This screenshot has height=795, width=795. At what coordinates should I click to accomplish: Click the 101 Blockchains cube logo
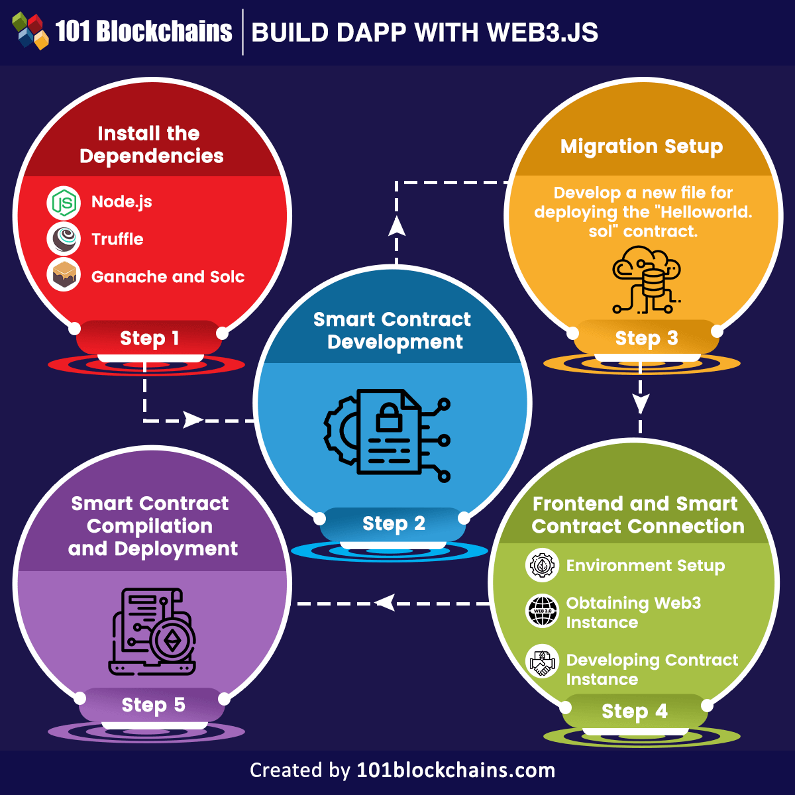click(30, 31)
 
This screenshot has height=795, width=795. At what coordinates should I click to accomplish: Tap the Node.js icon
click(64, 203)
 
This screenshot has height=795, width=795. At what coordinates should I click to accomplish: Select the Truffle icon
click(64, 239)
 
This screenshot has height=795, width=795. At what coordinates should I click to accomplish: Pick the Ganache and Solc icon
click(64, 276)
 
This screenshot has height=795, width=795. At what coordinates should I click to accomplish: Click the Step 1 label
click(149, 339)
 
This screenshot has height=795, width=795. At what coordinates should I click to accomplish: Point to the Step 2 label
click(394, 524)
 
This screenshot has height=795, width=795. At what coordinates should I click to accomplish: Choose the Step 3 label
click(646, 339)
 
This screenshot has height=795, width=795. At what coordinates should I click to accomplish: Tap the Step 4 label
click(634, 712)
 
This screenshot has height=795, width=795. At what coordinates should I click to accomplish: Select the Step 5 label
click(153, 706)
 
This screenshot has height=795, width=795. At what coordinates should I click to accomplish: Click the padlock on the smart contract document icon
click(389, 418)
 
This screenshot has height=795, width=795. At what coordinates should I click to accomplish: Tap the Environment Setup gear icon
click(542, 565)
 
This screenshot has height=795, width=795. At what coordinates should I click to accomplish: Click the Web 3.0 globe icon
click(542, 610)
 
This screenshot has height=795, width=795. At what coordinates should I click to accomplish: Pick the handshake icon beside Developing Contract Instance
click(542, 661)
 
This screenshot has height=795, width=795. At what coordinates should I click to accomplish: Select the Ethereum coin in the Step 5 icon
click(172, 641)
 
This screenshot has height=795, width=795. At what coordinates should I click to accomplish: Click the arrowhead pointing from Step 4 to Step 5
click(385, 603)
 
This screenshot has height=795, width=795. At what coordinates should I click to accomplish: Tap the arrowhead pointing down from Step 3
click(640, 402)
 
